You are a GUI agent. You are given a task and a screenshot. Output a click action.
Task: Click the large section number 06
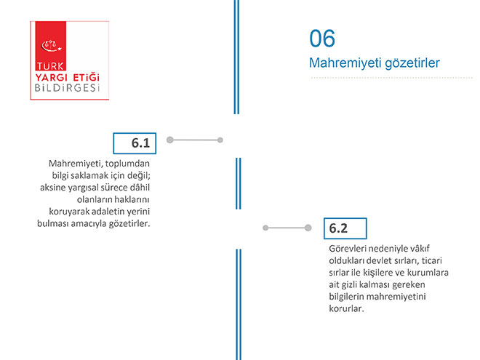click(x=322, y=39)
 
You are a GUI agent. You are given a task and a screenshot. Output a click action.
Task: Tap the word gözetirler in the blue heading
click(x=412, y=63)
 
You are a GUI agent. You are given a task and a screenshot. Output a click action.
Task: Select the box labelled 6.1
click(x=135, y=143)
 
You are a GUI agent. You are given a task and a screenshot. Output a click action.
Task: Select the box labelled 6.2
click(x=345, y=228)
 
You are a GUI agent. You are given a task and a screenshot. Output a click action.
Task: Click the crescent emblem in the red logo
click(x=52, y=46)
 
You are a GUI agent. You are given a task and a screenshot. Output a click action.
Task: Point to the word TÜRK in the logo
click(x=50, y=66)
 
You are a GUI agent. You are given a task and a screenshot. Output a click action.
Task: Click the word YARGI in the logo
click(x=51, y=77)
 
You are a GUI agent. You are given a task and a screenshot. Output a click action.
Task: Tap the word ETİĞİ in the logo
click(x=87, y=76)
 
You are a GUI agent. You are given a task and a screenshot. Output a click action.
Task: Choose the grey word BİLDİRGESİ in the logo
click(x=68, y=88)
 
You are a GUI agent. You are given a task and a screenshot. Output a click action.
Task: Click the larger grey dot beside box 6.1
click(x=170, y=140)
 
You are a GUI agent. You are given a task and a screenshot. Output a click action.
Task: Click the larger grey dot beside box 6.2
click(x=308, y=228)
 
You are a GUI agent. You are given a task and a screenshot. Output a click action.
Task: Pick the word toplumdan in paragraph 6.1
click(x=127, y=164)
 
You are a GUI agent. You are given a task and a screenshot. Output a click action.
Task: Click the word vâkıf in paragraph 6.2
click(x=420, y=249)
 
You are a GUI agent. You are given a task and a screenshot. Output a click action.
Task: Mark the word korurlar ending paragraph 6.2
click(x=346, y=308)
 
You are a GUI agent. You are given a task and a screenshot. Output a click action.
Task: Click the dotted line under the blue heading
click(x=391, y=78)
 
